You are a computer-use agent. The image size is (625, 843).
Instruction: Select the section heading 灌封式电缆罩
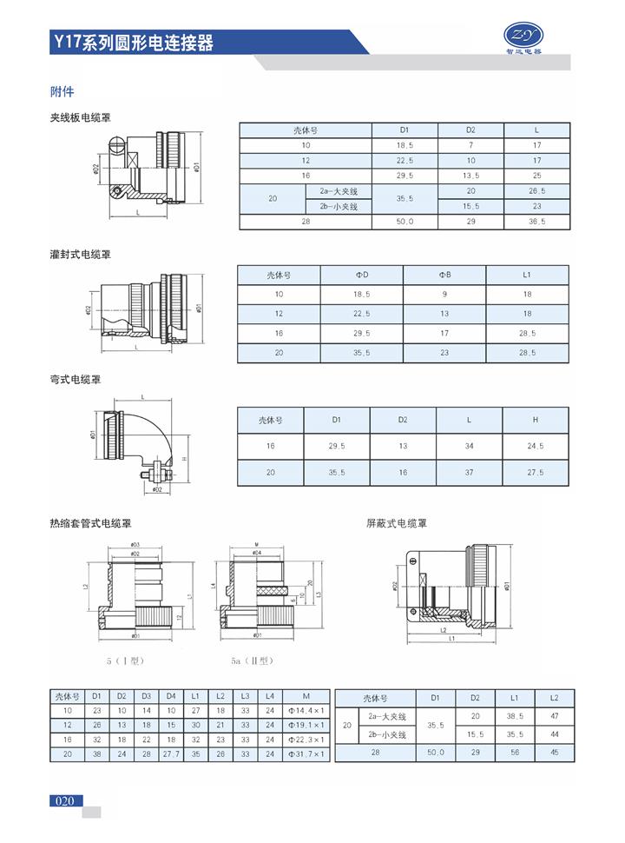[x=80, y=255]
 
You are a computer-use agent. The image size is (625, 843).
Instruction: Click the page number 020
[x=66, y=800]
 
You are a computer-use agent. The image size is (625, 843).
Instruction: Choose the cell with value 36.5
[x=536, y=222]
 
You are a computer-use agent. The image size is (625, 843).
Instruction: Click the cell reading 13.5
[x=470, y=176]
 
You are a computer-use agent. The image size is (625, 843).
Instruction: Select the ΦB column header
[x=444, y=275]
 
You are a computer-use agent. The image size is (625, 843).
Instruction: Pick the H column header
[x=535, y=420]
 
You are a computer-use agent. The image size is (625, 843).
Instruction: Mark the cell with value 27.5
[x=535, y=472]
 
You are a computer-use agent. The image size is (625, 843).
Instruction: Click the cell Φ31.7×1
[x=306, y=754]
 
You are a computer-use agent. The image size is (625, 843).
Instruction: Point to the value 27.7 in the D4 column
[x=170, y=754]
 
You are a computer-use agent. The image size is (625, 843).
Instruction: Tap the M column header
[x=306, y=697]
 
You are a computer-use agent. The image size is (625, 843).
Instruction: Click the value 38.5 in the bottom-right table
[x=514, y=715]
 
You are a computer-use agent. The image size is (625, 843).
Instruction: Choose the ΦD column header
[x=362, y=275]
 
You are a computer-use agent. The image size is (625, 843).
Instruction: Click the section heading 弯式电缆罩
[x=76, y=380]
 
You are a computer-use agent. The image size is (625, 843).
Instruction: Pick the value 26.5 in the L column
[x=536, y=190]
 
